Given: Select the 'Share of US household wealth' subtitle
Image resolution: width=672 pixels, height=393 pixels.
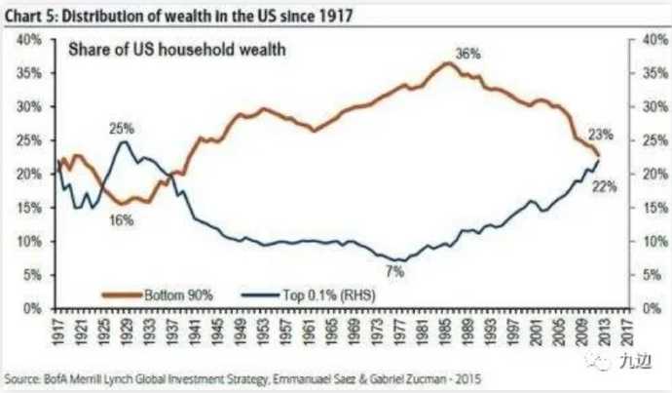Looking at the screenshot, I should click(174, 50).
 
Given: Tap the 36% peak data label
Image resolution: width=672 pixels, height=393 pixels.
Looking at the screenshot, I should click(468, 55).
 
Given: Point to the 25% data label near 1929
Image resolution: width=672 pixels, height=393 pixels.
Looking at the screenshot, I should click(121, 128).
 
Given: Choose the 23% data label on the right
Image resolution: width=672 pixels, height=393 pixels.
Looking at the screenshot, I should click(600, 134).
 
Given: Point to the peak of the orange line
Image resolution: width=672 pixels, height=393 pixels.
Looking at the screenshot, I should click(446, 63).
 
